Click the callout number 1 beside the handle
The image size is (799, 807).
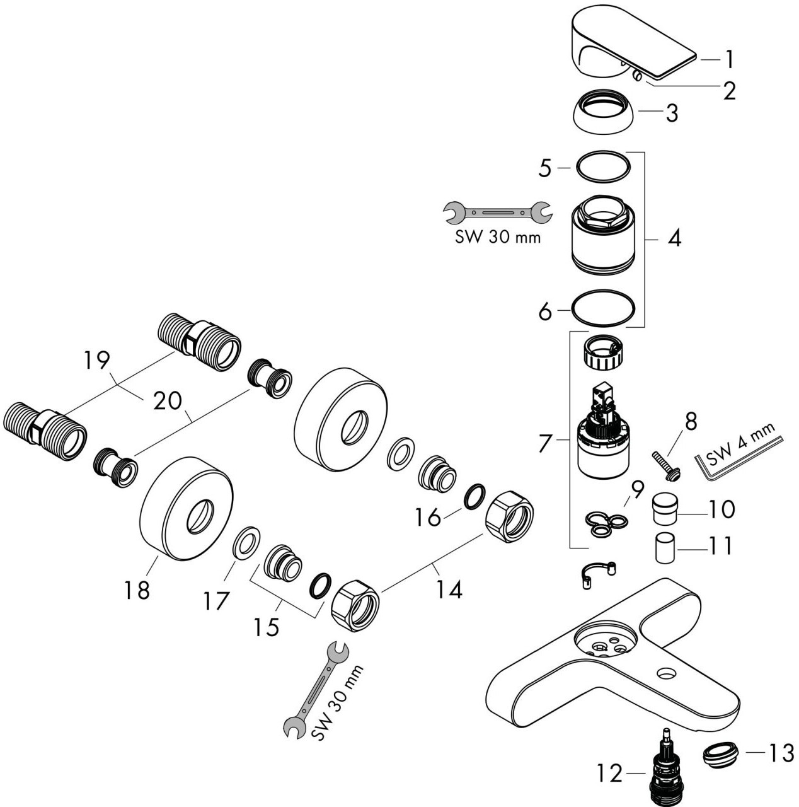tap(730, 59)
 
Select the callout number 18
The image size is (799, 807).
tap(137, 591)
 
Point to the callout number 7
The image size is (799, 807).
tap(545, 443)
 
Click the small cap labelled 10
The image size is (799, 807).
tap(665, 509)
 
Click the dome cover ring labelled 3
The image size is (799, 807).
tap(606, 112)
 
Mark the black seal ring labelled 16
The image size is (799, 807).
tap(475, 497)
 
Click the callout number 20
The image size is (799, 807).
tap(168, 401)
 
